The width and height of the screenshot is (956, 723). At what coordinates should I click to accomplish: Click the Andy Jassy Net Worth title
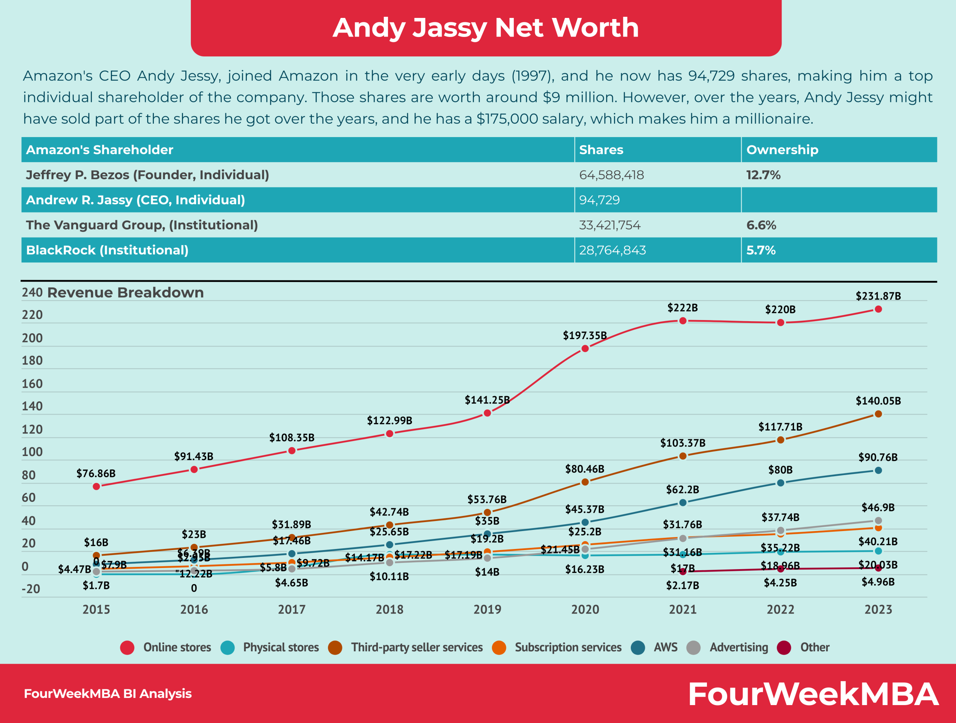click(486, 28)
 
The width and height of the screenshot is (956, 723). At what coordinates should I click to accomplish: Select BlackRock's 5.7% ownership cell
click(761, 250)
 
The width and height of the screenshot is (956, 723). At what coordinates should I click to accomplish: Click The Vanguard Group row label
click(142, 225)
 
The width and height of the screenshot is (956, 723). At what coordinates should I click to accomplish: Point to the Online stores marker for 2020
click(585, 349)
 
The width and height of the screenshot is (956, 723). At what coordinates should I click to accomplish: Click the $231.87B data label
click(878, 296)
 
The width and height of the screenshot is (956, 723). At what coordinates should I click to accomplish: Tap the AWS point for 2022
click(780, 483)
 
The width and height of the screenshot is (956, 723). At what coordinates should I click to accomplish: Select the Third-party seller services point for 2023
click(878, 414)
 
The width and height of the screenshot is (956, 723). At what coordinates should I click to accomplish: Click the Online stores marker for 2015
click(96, 486)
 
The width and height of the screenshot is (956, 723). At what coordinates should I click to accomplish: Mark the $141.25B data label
click(487, 400)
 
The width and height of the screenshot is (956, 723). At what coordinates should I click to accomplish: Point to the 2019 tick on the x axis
click(487, 609)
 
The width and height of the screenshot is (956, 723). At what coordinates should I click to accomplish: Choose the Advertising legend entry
click(739, 647)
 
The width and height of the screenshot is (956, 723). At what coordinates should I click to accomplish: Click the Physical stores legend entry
click(280, 647)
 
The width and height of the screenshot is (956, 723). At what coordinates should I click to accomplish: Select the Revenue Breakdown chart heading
click(125, 292)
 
